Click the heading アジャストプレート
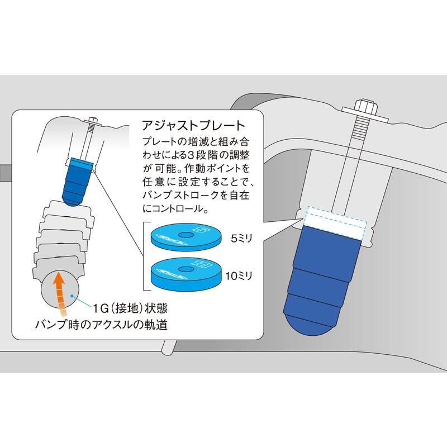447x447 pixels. tap(193, 125)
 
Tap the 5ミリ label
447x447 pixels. tap(242, 239)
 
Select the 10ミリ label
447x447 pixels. tap(239, 275)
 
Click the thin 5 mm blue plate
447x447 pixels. tap(186, 236)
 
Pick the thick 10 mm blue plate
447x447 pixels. tap(186, 274)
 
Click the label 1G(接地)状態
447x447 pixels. tap(130, 308)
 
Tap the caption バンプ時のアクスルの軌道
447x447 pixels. tap(101, 325)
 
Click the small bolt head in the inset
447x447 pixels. tap(93, 119)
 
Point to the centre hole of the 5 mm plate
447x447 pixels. tap(186, 235)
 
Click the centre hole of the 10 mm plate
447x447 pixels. tap(186, 269)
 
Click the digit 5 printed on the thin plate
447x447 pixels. tap(202, 229)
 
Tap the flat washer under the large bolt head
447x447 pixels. tap(365, 113)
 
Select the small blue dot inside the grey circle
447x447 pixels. tap(73, 296)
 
